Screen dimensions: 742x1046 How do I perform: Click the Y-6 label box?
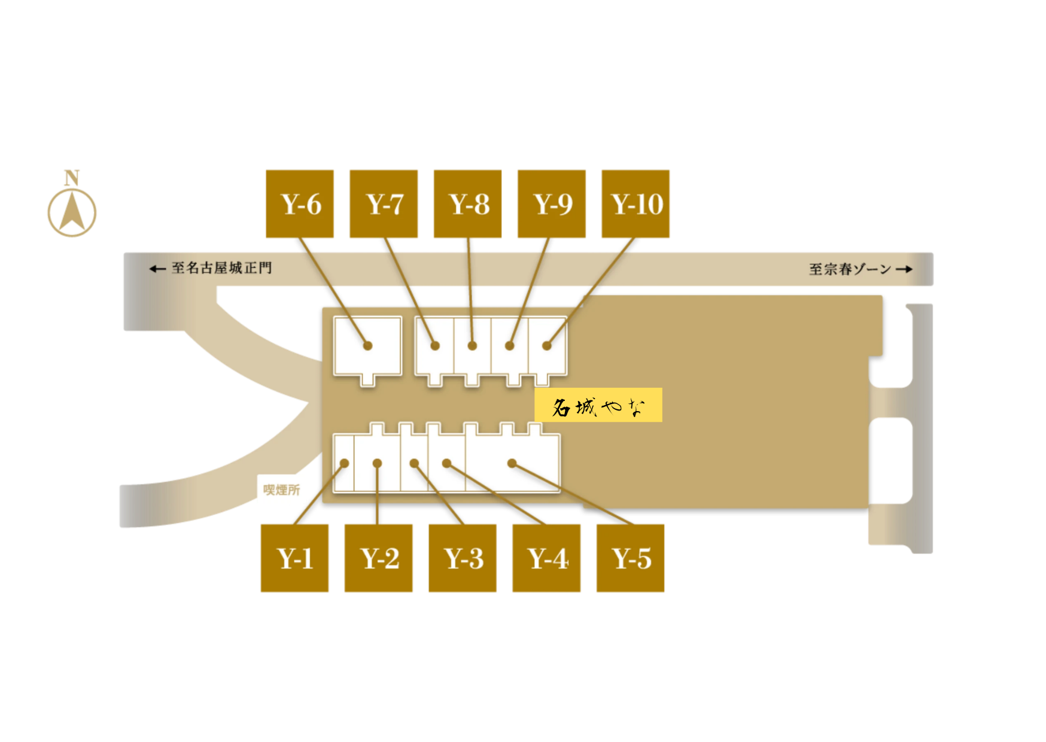click(300, 204)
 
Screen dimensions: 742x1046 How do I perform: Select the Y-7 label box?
click(384, 204)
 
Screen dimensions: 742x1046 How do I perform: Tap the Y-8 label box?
click(467, 204)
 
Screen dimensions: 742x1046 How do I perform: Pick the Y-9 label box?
click(551, 204)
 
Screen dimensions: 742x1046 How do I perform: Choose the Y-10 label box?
click(635, 204)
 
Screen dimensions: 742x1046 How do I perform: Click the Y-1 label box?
click(294, 558)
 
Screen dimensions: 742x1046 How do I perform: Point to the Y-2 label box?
click(378, 558)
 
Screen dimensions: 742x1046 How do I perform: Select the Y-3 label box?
click(463, 558)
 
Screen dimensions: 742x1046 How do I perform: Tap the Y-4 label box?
click(546, 558)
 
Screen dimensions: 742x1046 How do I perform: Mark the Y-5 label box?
click(630, 558)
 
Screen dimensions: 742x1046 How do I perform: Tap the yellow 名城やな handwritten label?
click(598, 405)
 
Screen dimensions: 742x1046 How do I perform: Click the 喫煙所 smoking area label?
click(282, 490)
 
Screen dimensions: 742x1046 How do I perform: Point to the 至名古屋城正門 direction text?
click(221, 268)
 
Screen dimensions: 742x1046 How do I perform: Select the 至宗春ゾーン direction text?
click(850, 269)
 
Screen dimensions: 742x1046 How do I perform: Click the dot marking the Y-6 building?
click(368, 345)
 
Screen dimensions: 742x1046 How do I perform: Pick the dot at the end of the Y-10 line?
click(547, 345)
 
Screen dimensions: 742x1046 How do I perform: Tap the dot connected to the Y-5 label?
click(512, 463)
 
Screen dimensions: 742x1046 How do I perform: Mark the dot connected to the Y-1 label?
click(345, 463)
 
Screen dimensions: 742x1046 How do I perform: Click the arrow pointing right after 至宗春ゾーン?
click(904, 269)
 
